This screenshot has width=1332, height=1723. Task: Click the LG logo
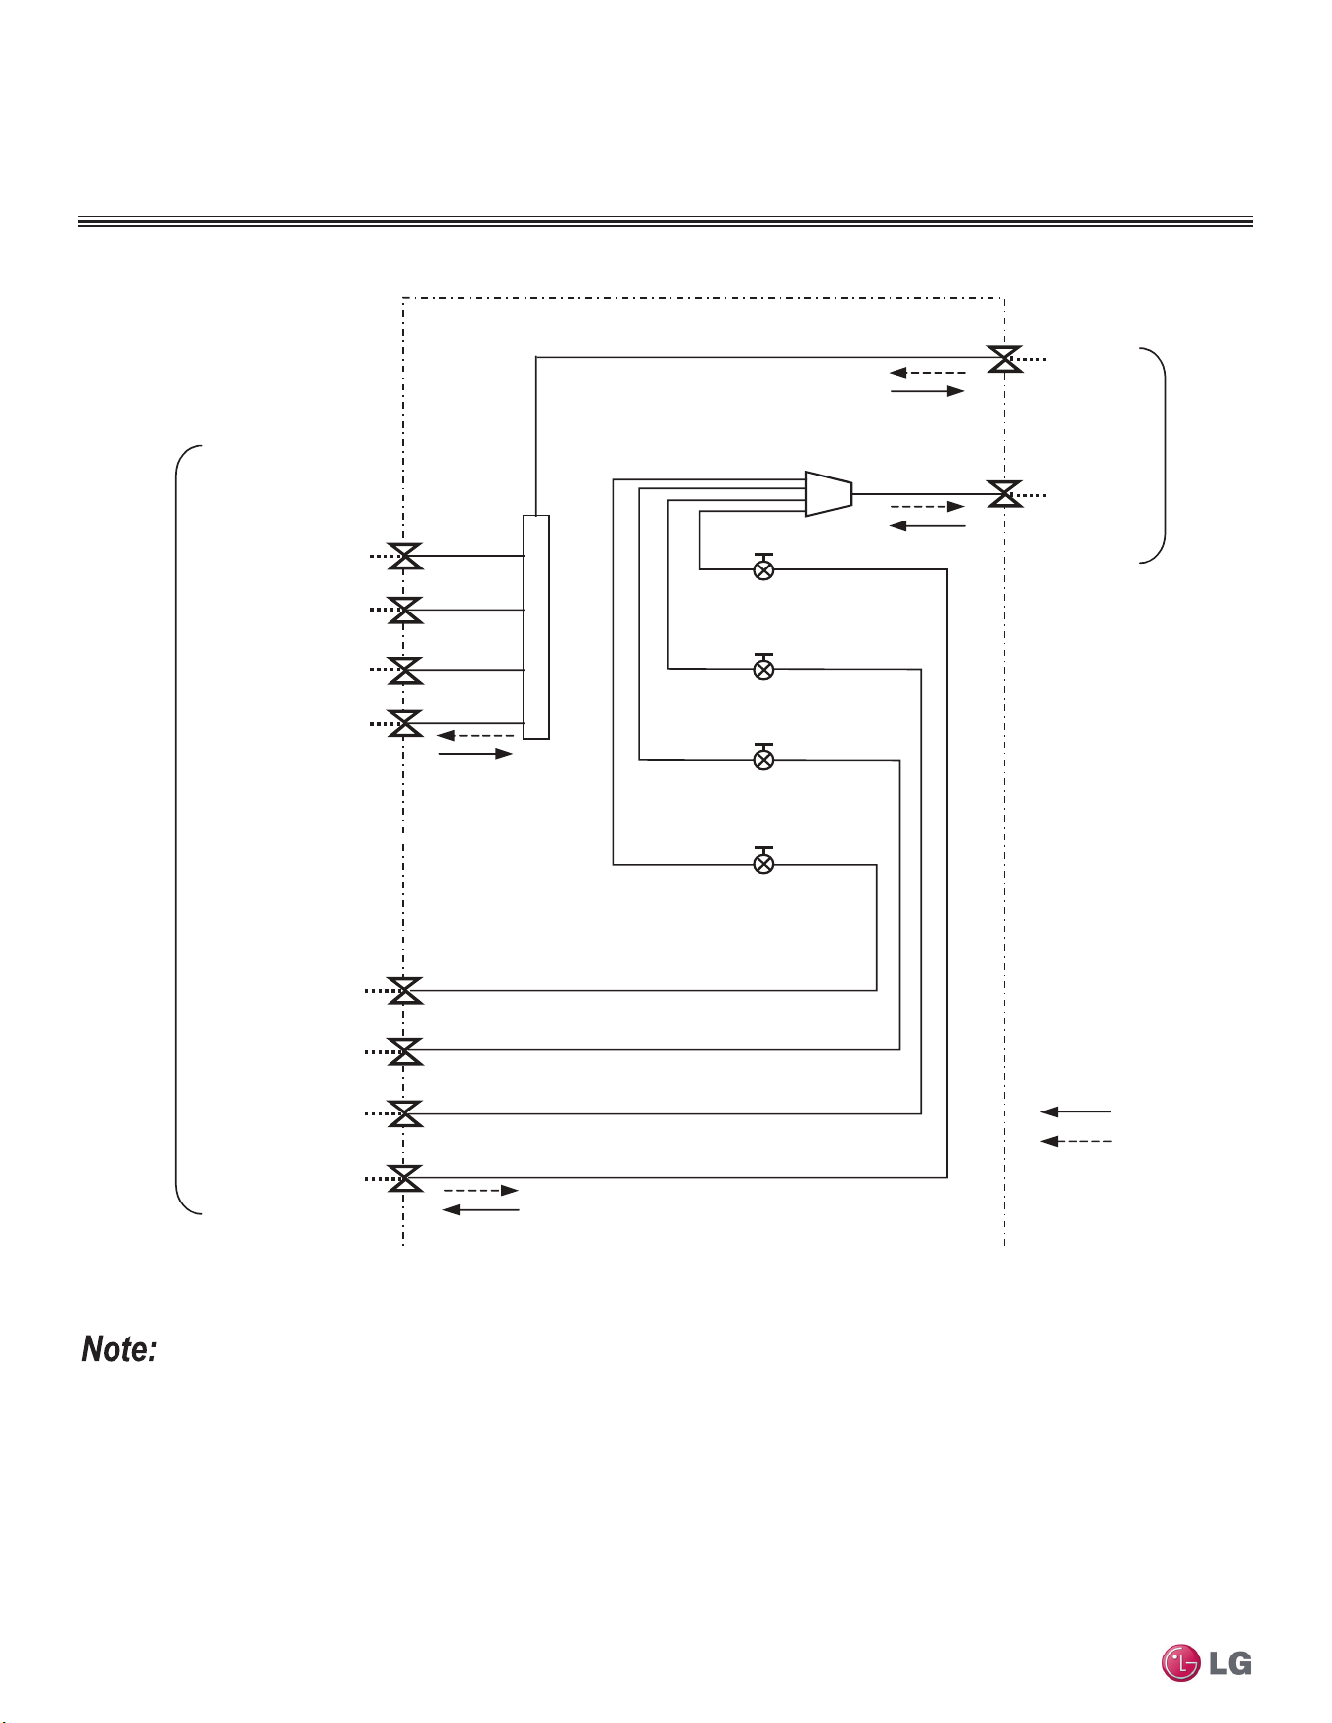coord(1206,1662)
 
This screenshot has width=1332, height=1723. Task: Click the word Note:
coord(119,1349)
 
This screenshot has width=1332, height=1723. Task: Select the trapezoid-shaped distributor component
coord(829,494)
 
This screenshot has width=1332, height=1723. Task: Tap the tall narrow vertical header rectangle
coord(536,626)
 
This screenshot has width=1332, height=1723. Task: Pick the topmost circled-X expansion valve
coord(764,567)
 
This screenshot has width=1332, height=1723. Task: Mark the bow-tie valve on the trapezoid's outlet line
coord(1005,494)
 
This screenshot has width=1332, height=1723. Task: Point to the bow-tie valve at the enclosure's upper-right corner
coord(1005,359)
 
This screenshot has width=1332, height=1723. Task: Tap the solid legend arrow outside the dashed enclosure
coord(1076,1111)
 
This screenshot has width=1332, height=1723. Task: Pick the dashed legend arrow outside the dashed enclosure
coord(1076,1141)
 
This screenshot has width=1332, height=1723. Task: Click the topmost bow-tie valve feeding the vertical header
coord(405,556)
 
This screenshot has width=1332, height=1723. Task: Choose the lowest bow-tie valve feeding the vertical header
coord(405,724)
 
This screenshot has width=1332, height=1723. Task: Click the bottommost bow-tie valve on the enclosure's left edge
coord(405,1178)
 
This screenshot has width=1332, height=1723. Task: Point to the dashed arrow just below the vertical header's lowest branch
coord(476,735)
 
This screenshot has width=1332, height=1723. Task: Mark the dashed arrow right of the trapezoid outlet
coord(928,507)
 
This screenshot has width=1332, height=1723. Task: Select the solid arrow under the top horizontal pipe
coord(928,391)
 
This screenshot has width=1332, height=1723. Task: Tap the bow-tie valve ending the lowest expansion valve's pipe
coord(405,990)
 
